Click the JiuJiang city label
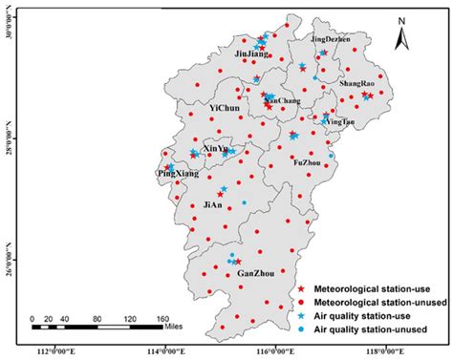(x=252, y=55)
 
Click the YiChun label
(x=225, y=110)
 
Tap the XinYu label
(x=217, y=149)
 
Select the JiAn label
(x=213, y=204)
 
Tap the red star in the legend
(x=302, y=287)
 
